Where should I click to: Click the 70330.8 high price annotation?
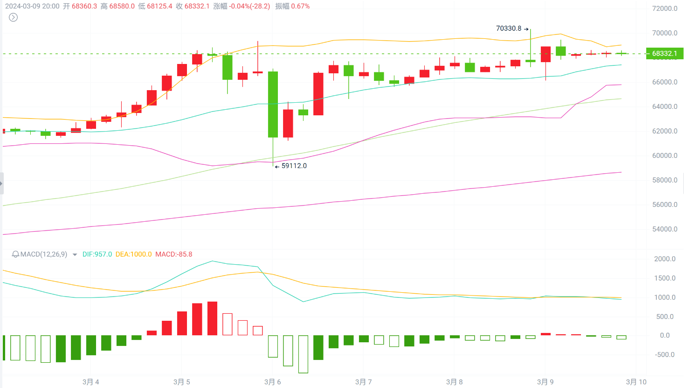(509, 28)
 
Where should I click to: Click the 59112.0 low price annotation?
(294, 166)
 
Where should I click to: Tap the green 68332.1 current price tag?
(664, 53)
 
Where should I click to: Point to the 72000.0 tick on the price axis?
(665, 8)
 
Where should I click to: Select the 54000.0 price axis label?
(665, 229)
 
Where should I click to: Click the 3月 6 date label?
(272, 382)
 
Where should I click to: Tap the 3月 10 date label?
(636, 382)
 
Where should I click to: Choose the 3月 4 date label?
(90, 382)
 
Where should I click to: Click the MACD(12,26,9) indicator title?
(43, 254)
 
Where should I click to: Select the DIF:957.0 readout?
(97, 254)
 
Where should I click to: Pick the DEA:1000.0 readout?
(133, 254)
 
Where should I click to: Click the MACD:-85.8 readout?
(173, 254)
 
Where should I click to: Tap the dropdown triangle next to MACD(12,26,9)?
(75, 255)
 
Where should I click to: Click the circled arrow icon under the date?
(14, 17)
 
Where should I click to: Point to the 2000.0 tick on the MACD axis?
(665, 259)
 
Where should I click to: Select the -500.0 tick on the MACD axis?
(665, 354)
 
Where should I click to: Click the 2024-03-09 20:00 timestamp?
(32, 6)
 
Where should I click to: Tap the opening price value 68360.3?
(84, 6)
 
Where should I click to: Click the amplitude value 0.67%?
(300, 6)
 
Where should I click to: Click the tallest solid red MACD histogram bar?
(212, 318)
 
